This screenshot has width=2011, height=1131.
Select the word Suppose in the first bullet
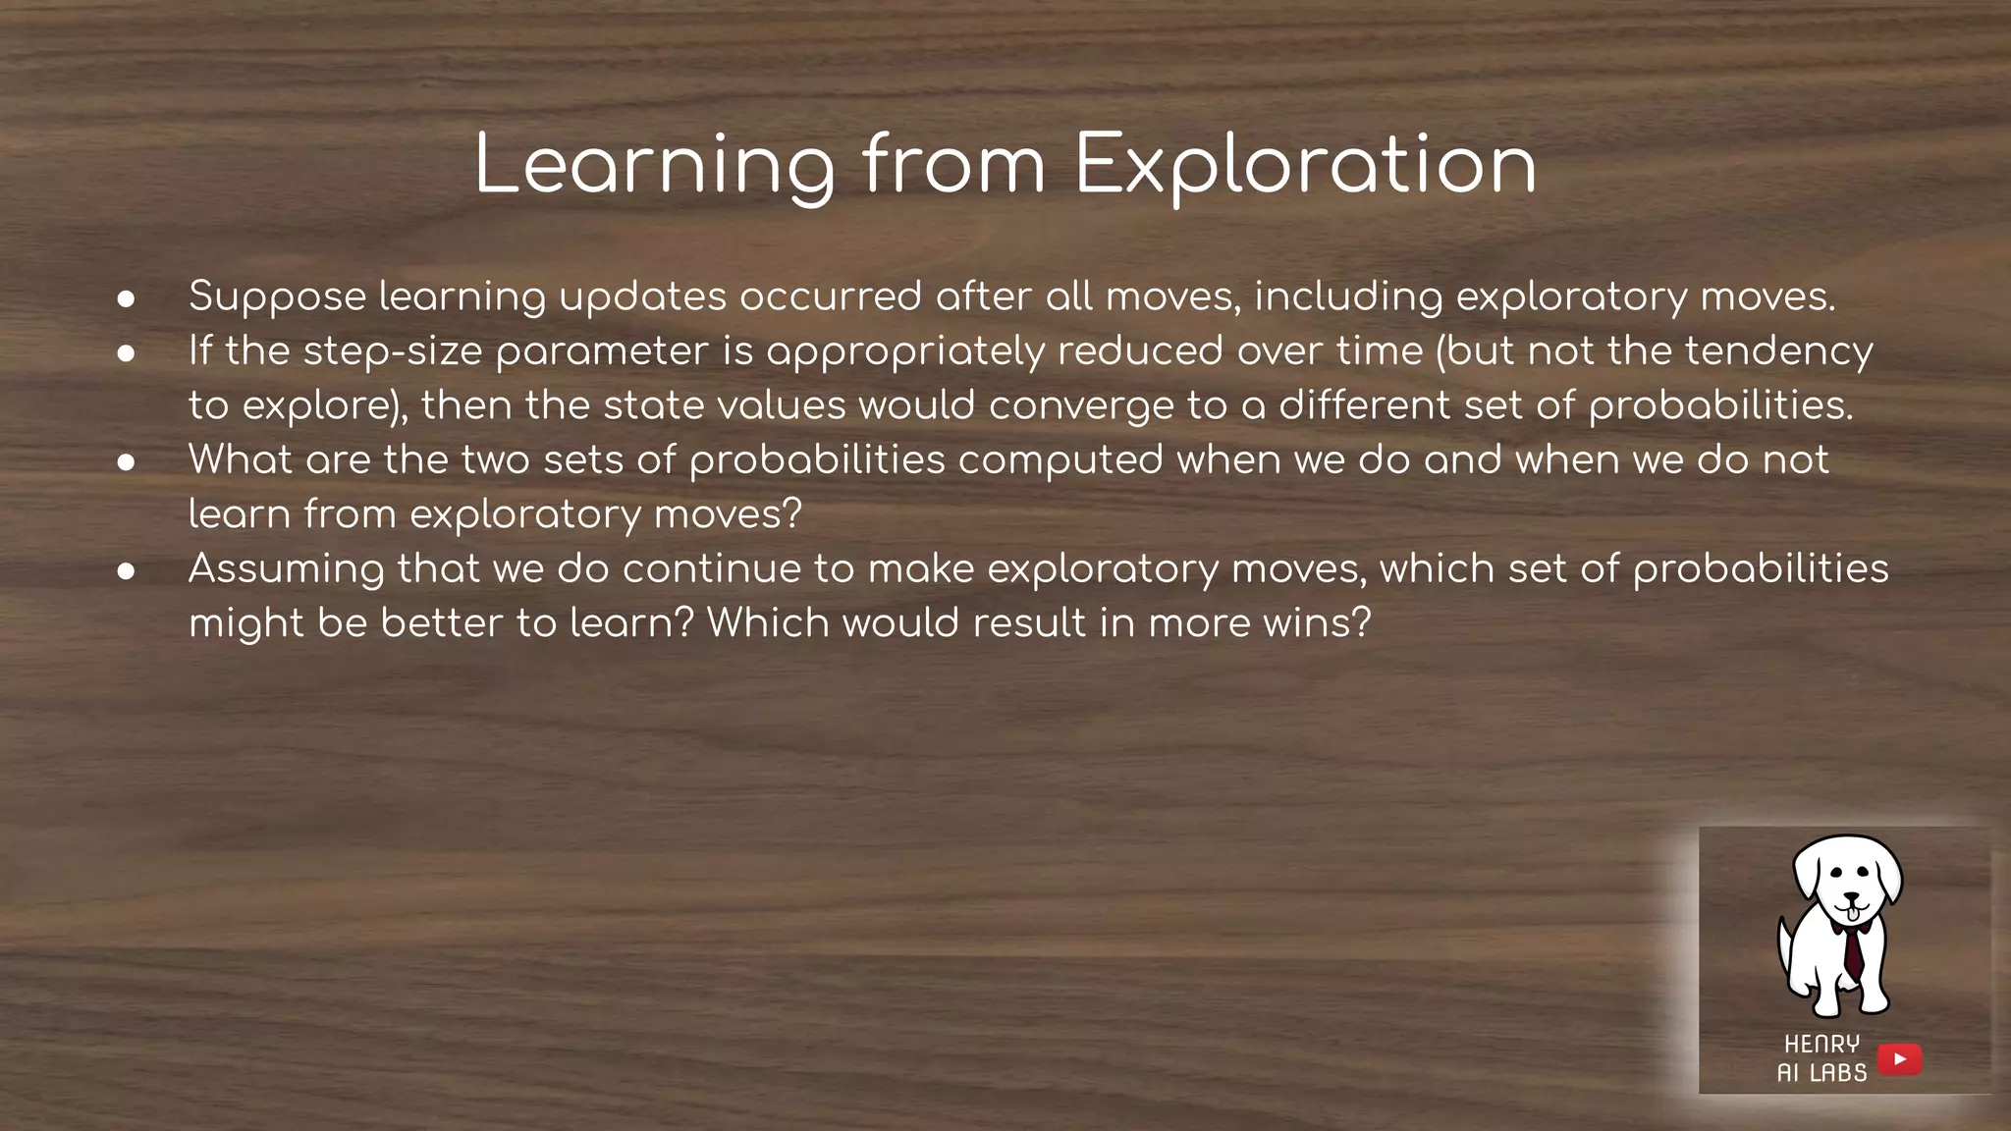click(278, 297)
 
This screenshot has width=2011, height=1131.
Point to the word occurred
click(831, 297)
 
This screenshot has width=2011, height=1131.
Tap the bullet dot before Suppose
click(126, 298)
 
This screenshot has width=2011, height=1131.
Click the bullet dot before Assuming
click(126, 570)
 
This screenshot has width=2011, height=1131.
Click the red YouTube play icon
click(1899, 1059)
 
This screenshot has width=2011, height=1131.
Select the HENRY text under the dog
click(1821, 1044)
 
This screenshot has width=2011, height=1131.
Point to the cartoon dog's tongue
click(1851, 915)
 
